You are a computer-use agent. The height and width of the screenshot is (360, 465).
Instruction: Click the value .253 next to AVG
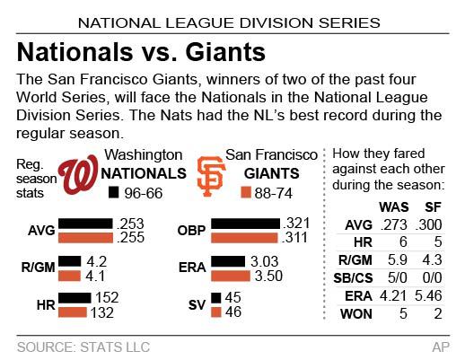(145, 223)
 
